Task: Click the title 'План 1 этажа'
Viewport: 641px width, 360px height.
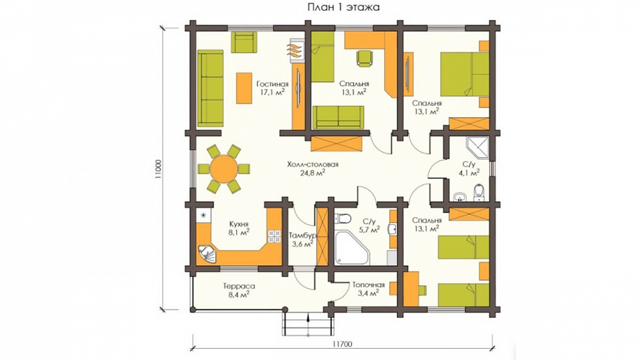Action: click(x=344, y=7)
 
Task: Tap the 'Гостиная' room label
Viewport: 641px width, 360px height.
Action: click(x=272, y=84)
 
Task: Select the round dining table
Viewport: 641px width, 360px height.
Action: click(x=223, y=168)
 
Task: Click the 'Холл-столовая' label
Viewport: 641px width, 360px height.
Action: click(x=313, y=164)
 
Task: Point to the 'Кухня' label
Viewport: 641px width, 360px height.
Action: click(x=239, y=224)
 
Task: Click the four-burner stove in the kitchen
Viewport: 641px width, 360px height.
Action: click(x=274, y=235)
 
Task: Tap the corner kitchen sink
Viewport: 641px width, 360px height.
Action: click(x=209, y=254)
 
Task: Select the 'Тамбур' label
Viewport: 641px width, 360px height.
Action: click(x=303, y=236)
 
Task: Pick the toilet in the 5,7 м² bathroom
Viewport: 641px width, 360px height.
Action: click(x=342, y=218)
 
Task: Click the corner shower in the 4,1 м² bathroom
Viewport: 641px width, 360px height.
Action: click(x=478, y=148)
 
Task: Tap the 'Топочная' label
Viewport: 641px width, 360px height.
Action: click(x=368, y=285)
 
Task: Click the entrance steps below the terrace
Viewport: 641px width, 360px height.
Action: click(x=308, y=322)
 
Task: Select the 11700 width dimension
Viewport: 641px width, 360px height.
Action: click(x=342, y=344)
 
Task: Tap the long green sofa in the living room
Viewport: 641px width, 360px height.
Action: click(x=210, y=88)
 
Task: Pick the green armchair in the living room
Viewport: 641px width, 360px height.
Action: click(x=243, y=42)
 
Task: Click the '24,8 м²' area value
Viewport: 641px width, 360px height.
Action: click(x=313, y=173)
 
